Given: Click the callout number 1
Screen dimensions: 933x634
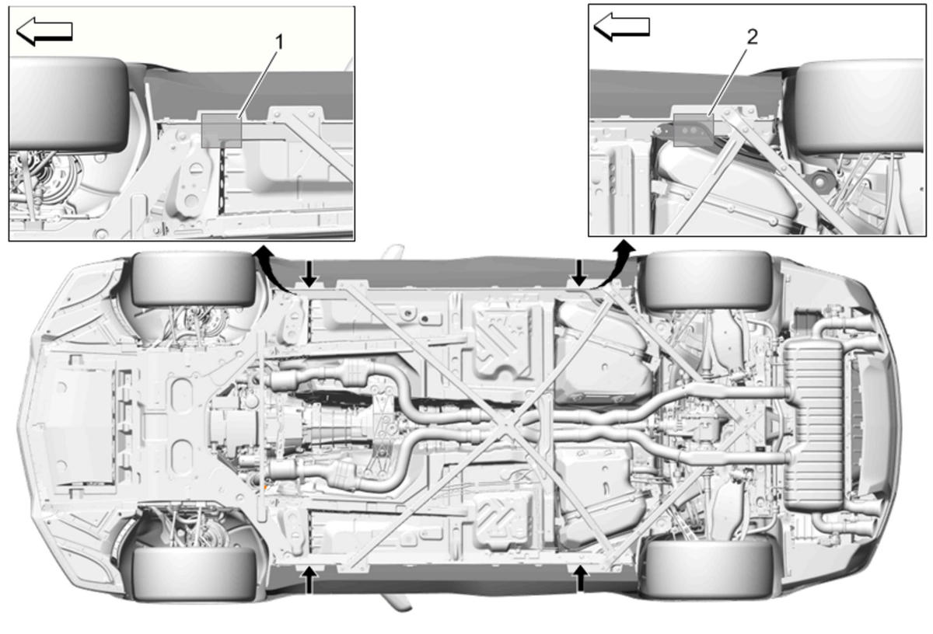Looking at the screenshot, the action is (279, 43).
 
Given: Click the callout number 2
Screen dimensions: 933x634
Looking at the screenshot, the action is (753, 37).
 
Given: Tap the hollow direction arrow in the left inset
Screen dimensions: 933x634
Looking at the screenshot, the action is (44, 31).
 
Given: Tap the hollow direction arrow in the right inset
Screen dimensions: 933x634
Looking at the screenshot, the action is (621, 26).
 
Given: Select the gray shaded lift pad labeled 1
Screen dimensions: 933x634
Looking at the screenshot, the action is (221, 131).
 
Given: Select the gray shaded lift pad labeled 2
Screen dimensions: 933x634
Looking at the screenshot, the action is (694, 130).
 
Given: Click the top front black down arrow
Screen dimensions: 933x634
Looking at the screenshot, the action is (309, 274).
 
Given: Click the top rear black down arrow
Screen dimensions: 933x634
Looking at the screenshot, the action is (579, 273).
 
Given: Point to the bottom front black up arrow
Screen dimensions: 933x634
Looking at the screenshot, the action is (309, 580).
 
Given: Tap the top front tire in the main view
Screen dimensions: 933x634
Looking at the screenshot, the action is (193, 280).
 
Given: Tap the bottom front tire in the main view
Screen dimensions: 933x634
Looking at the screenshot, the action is (194, 573).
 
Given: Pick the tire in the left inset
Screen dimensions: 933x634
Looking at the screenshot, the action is (68, 104).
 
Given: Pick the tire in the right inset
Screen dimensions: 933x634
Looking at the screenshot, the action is (859, 107).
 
